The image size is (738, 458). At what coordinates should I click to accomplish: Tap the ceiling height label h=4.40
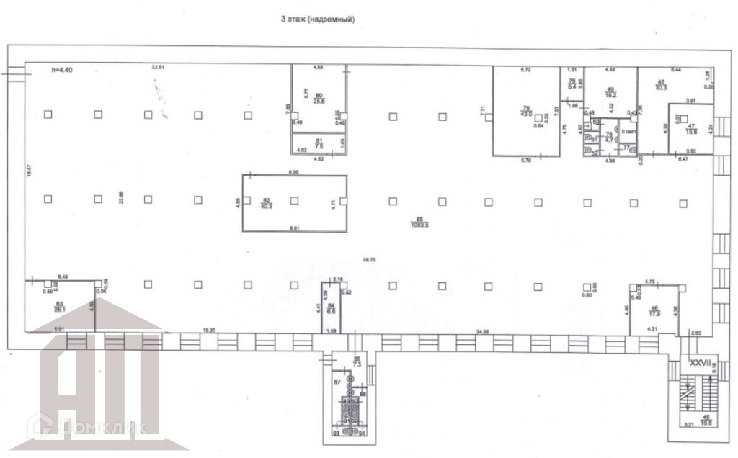click(x=63, y=70)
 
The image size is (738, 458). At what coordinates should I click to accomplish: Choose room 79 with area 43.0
click(x=526, y=112)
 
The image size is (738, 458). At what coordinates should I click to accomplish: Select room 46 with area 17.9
click(x=654, y=310)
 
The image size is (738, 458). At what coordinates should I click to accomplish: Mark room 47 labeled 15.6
click(x=690, y=127)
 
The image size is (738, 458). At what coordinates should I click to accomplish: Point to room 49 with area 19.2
click(x=610, y=91)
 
